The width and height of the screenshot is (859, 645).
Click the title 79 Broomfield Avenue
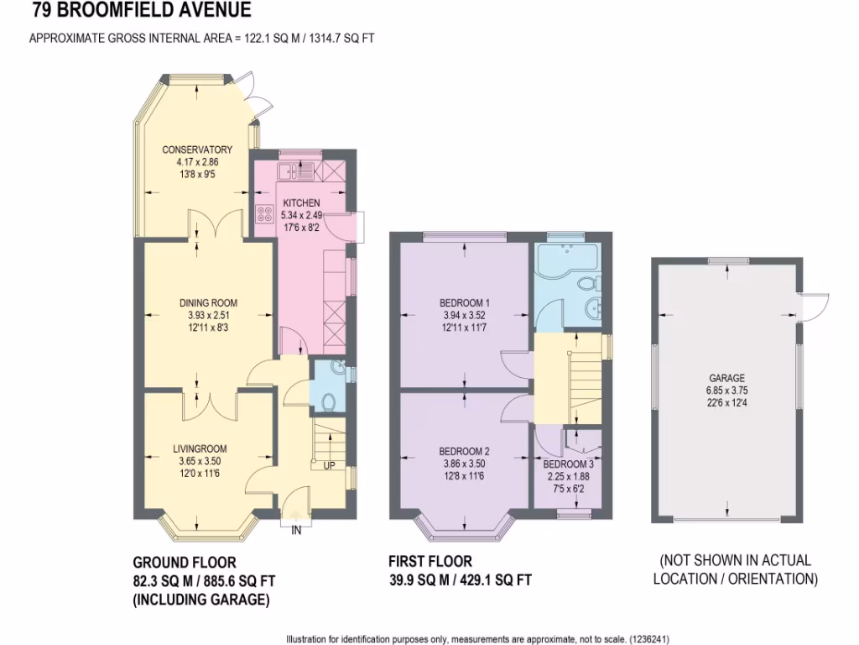pyautogui.click(x=142, y=11)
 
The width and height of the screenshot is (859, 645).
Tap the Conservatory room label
pyautogui.click(x=197, y=149)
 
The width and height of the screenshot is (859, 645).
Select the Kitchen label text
pyautogui.click(x=300, y=203)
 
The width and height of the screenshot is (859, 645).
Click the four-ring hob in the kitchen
pyautogui.click(x=267, y=214)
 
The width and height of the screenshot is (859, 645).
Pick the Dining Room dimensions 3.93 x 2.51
pyautogui.click(x=208, y=316)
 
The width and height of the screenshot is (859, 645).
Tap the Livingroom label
pyautogui.click(x=200, y=448)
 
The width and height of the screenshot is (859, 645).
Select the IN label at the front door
pyautogui.click(x=296, y=530)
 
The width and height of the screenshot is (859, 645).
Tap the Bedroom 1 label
pyautogui.click(x=465, y=302)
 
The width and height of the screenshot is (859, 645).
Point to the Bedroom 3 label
pyautogui.click(x=566, y=464)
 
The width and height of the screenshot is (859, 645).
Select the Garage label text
pyautogui.click(x=726, y=378)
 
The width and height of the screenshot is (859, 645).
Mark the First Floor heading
pyautogui.click(x=429, y=561)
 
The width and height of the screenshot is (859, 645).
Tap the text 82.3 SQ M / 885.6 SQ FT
pyautogui.click(x=205, y=580)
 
